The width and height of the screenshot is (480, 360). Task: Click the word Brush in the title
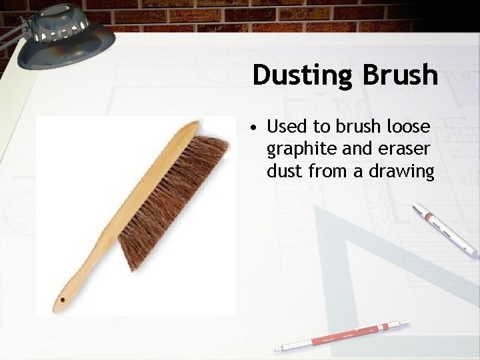400,75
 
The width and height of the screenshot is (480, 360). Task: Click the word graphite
297,149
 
